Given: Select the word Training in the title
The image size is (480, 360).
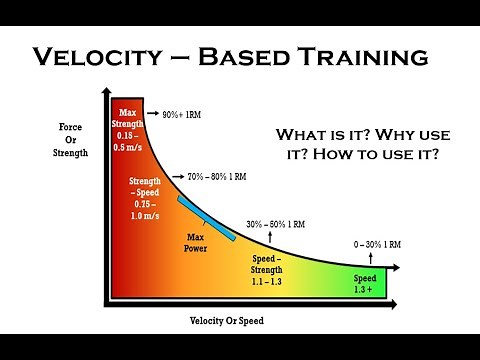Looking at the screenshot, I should (x=380, y=57).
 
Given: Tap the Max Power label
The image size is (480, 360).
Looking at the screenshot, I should (x=194, y=242).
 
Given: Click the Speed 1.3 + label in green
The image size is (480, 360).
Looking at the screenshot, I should (x=365, y=282).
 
